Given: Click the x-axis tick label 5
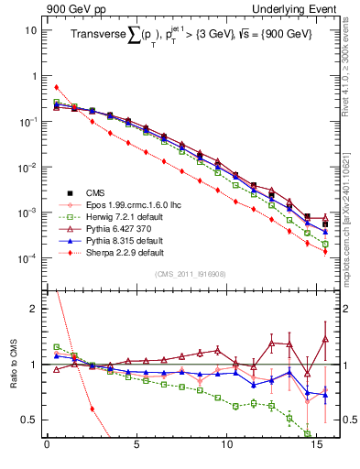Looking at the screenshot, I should (136, 449).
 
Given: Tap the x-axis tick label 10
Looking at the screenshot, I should (226, 449).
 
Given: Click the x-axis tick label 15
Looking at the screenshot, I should (316, 449).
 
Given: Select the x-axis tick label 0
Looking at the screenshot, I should (47, 449).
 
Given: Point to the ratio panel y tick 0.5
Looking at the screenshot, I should (31, 420).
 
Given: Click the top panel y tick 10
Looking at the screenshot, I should (32, 30).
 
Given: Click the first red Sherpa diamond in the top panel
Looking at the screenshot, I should (57, 87).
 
